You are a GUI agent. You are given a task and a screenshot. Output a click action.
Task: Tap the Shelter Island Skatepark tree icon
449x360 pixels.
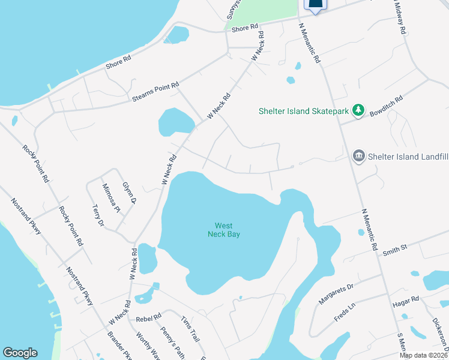coord(358,110)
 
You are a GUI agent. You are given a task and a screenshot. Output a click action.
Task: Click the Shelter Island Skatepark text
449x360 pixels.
coord(303,111)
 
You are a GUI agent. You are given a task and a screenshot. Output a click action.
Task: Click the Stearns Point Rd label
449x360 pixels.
coord(155,94)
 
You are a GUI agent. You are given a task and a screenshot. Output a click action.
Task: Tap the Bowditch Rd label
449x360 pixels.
coord(386,106)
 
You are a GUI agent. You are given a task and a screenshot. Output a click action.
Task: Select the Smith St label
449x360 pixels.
coord(395,247)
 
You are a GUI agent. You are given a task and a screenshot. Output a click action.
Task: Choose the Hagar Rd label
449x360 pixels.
coord(407,299)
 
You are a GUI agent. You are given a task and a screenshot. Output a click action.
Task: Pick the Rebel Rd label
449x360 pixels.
coord(149,317)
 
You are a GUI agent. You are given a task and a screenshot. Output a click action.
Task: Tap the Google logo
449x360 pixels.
coord(20,353)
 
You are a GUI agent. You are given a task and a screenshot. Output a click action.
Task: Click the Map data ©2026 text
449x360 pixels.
coord(423,355)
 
